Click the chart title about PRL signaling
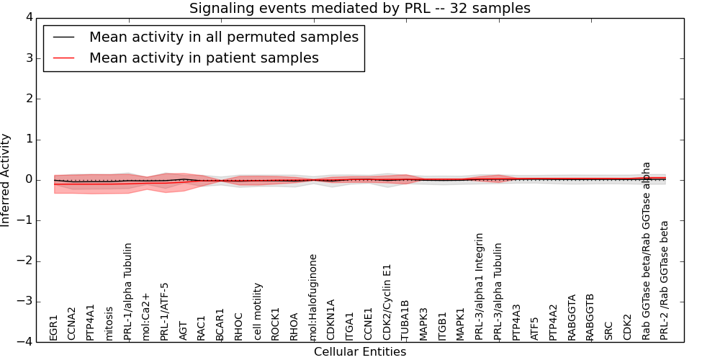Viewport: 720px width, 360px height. tap(359, 9)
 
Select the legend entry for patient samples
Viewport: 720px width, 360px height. tap(204, 58)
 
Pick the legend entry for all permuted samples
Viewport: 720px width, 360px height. tap(223, 37)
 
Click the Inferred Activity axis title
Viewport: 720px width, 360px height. tap(6, 180)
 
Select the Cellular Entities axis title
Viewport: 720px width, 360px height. tap(359, 352)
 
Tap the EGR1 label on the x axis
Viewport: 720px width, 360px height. tap(54, 327)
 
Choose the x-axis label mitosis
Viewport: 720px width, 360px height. tap(109, 323)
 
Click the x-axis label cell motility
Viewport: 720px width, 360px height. tap(258, 311)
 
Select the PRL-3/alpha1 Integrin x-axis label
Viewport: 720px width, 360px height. tap(480, 286)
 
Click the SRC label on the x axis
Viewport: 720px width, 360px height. tap(608, 330)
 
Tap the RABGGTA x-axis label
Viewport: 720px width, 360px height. tap(572, 317)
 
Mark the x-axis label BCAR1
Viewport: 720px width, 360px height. tap(220, 324)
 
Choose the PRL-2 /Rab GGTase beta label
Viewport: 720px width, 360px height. tap(665, 280)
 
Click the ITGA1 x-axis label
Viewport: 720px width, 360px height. tap(350, 325)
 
